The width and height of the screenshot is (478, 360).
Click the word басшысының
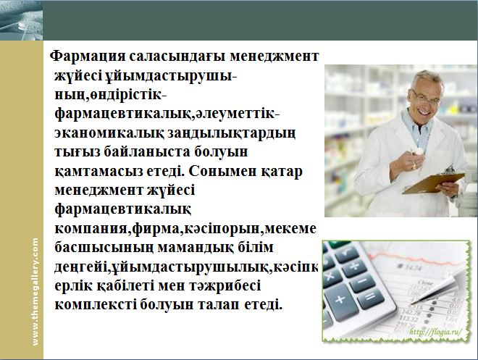tap(104, 248)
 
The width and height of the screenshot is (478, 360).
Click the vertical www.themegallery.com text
tap(35, 292)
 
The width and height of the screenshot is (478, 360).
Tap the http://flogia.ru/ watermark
tap(435, 332)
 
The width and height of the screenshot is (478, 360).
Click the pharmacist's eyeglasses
tap(425, 98)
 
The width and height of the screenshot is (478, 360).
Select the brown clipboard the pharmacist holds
tap(434, 183)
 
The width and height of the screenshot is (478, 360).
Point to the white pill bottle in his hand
tap(417, 151)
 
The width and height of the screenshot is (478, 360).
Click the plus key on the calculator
tap(340, 300)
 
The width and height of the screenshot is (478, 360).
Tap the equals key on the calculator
tap(370, 296)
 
